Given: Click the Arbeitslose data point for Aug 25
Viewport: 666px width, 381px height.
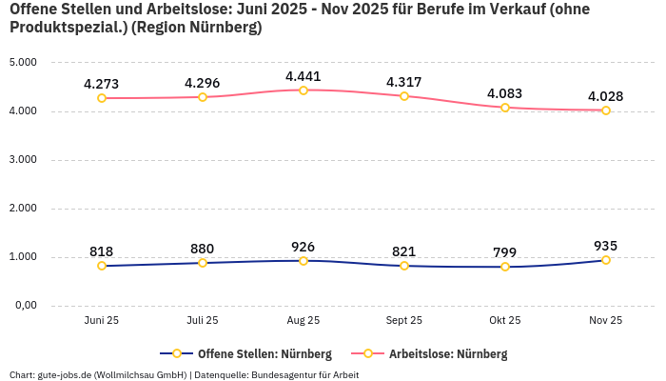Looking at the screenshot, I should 304,90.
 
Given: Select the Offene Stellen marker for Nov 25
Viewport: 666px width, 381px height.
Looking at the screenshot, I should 606,260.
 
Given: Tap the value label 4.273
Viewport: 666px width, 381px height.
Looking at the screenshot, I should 102,83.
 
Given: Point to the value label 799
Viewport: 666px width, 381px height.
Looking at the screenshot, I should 505,252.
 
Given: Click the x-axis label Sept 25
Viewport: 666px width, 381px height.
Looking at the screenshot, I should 404,321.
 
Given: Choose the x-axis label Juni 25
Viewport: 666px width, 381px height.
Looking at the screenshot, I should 102,321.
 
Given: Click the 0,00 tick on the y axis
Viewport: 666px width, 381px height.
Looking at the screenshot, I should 24,306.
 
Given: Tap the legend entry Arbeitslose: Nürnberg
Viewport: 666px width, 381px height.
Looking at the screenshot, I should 439,354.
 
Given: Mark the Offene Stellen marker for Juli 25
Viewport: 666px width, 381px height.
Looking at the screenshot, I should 203,263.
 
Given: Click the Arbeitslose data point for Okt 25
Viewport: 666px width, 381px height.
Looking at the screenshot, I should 505,108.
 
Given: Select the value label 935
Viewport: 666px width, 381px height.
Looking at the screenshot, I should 606,246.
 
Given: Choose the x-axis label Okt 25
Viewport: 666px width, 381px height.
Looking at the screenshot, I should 505,321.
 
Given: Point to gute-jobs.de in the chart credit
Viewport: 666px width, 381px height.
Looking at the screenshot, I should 65,374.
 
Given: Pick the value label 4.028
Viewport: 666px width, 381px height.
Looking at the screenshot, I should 606,96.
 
